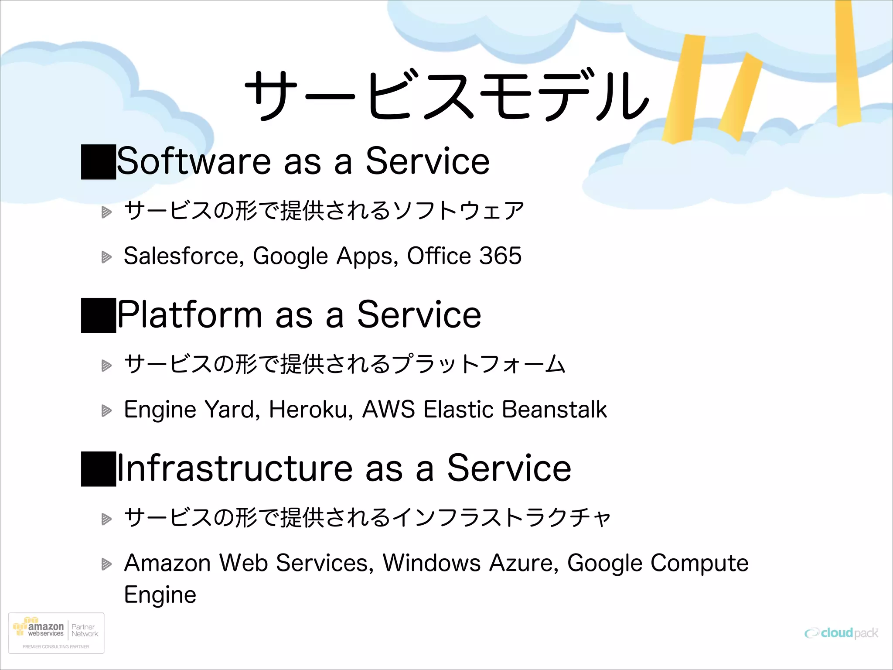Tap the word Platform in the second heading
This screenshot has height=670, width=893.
click(190, 314)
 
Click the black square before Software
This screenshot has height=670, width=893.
click(99, 161)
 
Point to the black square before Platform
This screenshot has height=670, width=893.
click(99, 315)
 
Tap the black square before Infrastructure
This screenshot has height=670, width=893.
click(99, 469)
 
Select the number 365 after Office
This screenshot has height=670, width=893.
click(500, 256)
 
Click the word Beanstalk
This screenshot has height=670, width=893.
click(554, 410)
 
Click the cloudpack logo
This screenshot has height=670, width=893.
click(841, 633)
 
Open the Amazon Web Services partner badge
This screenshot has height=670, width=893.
click(56, 633)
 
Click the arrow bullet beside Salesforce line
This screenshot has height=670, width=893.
click(106, 257)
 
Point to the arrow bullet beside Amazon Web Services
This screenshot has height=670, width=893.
click(106, 564)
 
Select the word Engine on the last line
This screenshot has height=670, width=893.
click(160, 595)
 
